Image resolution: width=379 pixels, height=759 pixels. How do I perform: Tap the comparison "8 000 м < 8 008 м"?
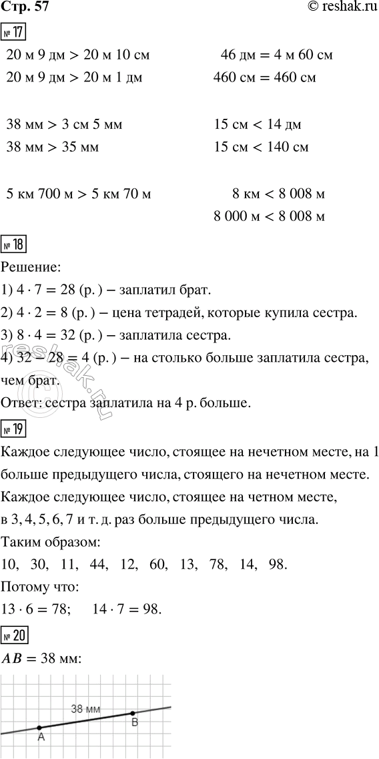pos(269,216)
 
